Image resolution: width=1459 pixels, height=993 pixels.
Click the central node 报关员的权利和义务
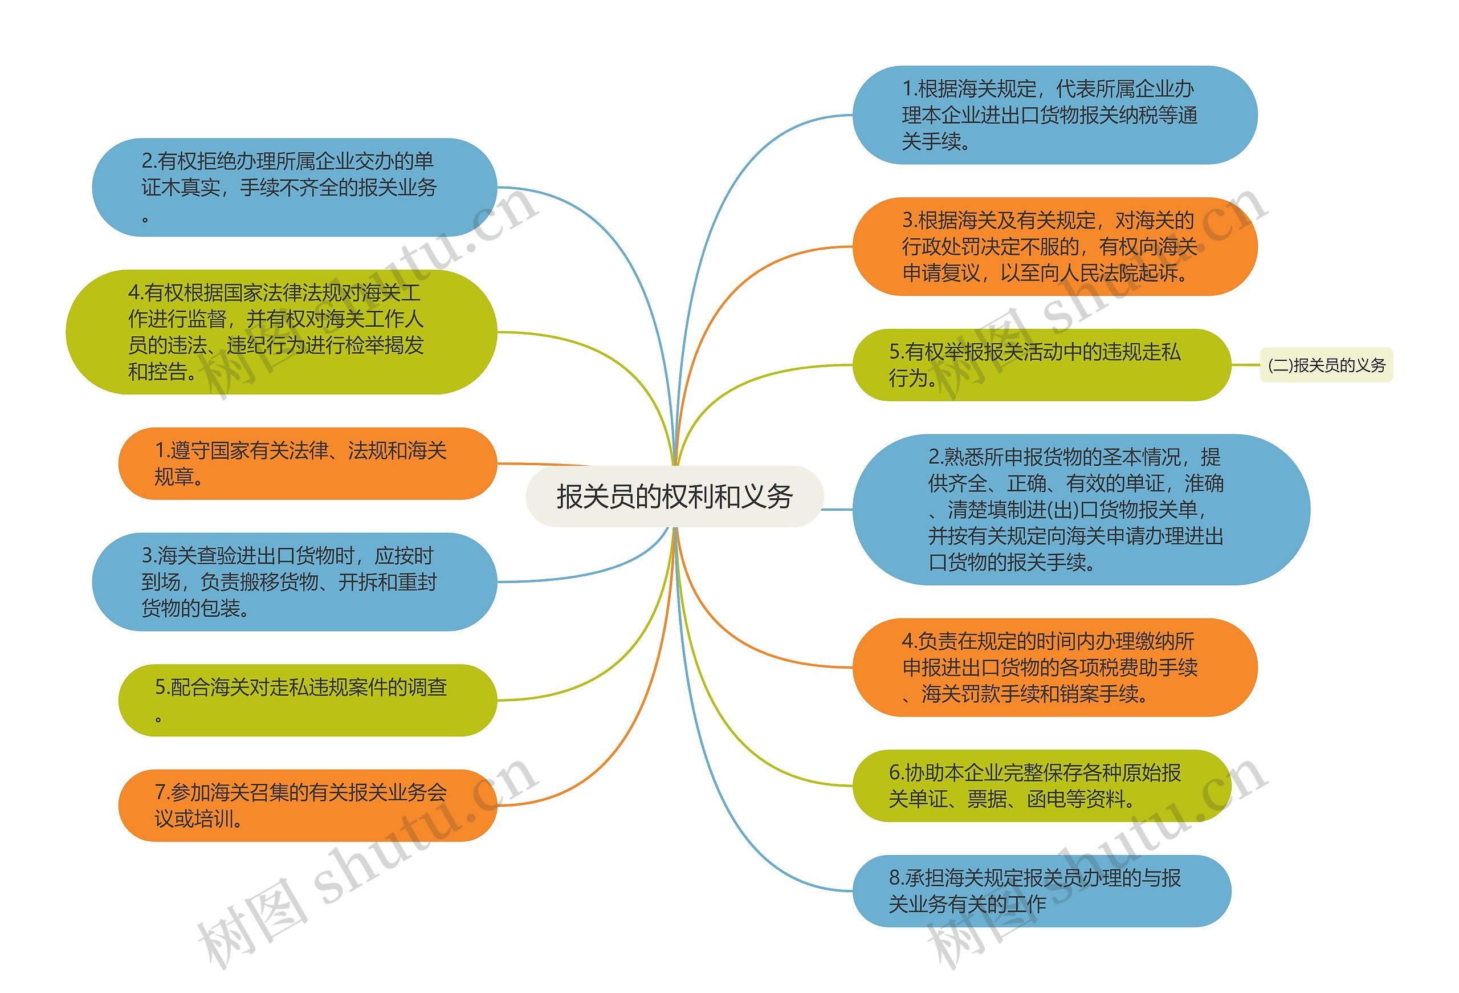coord(674,496)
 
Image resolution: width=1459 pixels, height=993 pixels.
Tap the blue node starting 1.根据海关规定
coord(1054,115)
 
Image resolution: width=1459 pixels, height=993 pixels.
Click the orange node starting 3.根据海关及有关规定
coord(1054,246)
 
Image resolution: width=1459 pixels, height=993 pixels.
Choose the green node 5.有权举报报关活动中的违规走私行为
coord(1041,365)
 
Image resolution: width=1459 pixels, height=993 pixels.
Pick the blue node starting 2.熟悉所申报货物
coord(1080,510)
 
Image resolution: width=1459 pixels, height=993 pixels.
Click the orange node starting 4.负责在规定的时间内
coord(1054,667)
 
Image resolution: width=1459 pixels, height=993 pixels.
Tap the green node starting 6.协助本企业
coord(1041,785)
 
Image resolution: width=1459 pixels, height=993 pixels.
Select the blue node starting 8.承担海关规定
coord(1041,890)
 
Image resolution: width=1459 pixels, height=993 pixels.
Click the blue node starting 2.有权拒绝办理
coord(294,187)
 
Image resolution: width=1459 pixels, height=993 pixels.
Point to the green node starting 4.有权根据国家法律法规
coord(280,332)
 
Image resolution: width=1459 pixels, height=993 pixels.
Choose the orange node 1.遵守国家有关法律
coord(307,463)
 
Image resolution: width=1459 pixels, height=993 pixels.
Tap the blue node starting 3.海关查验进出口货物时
coord(294,581)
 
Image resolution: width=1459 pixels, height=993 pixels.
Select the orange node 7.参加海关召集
coord(307,805)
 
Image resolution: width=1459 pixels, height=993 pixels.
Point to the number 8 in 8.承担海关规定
coord(895,877)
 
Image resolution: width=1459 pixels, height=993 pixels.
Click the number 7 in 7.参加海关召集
coord(160,792)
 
